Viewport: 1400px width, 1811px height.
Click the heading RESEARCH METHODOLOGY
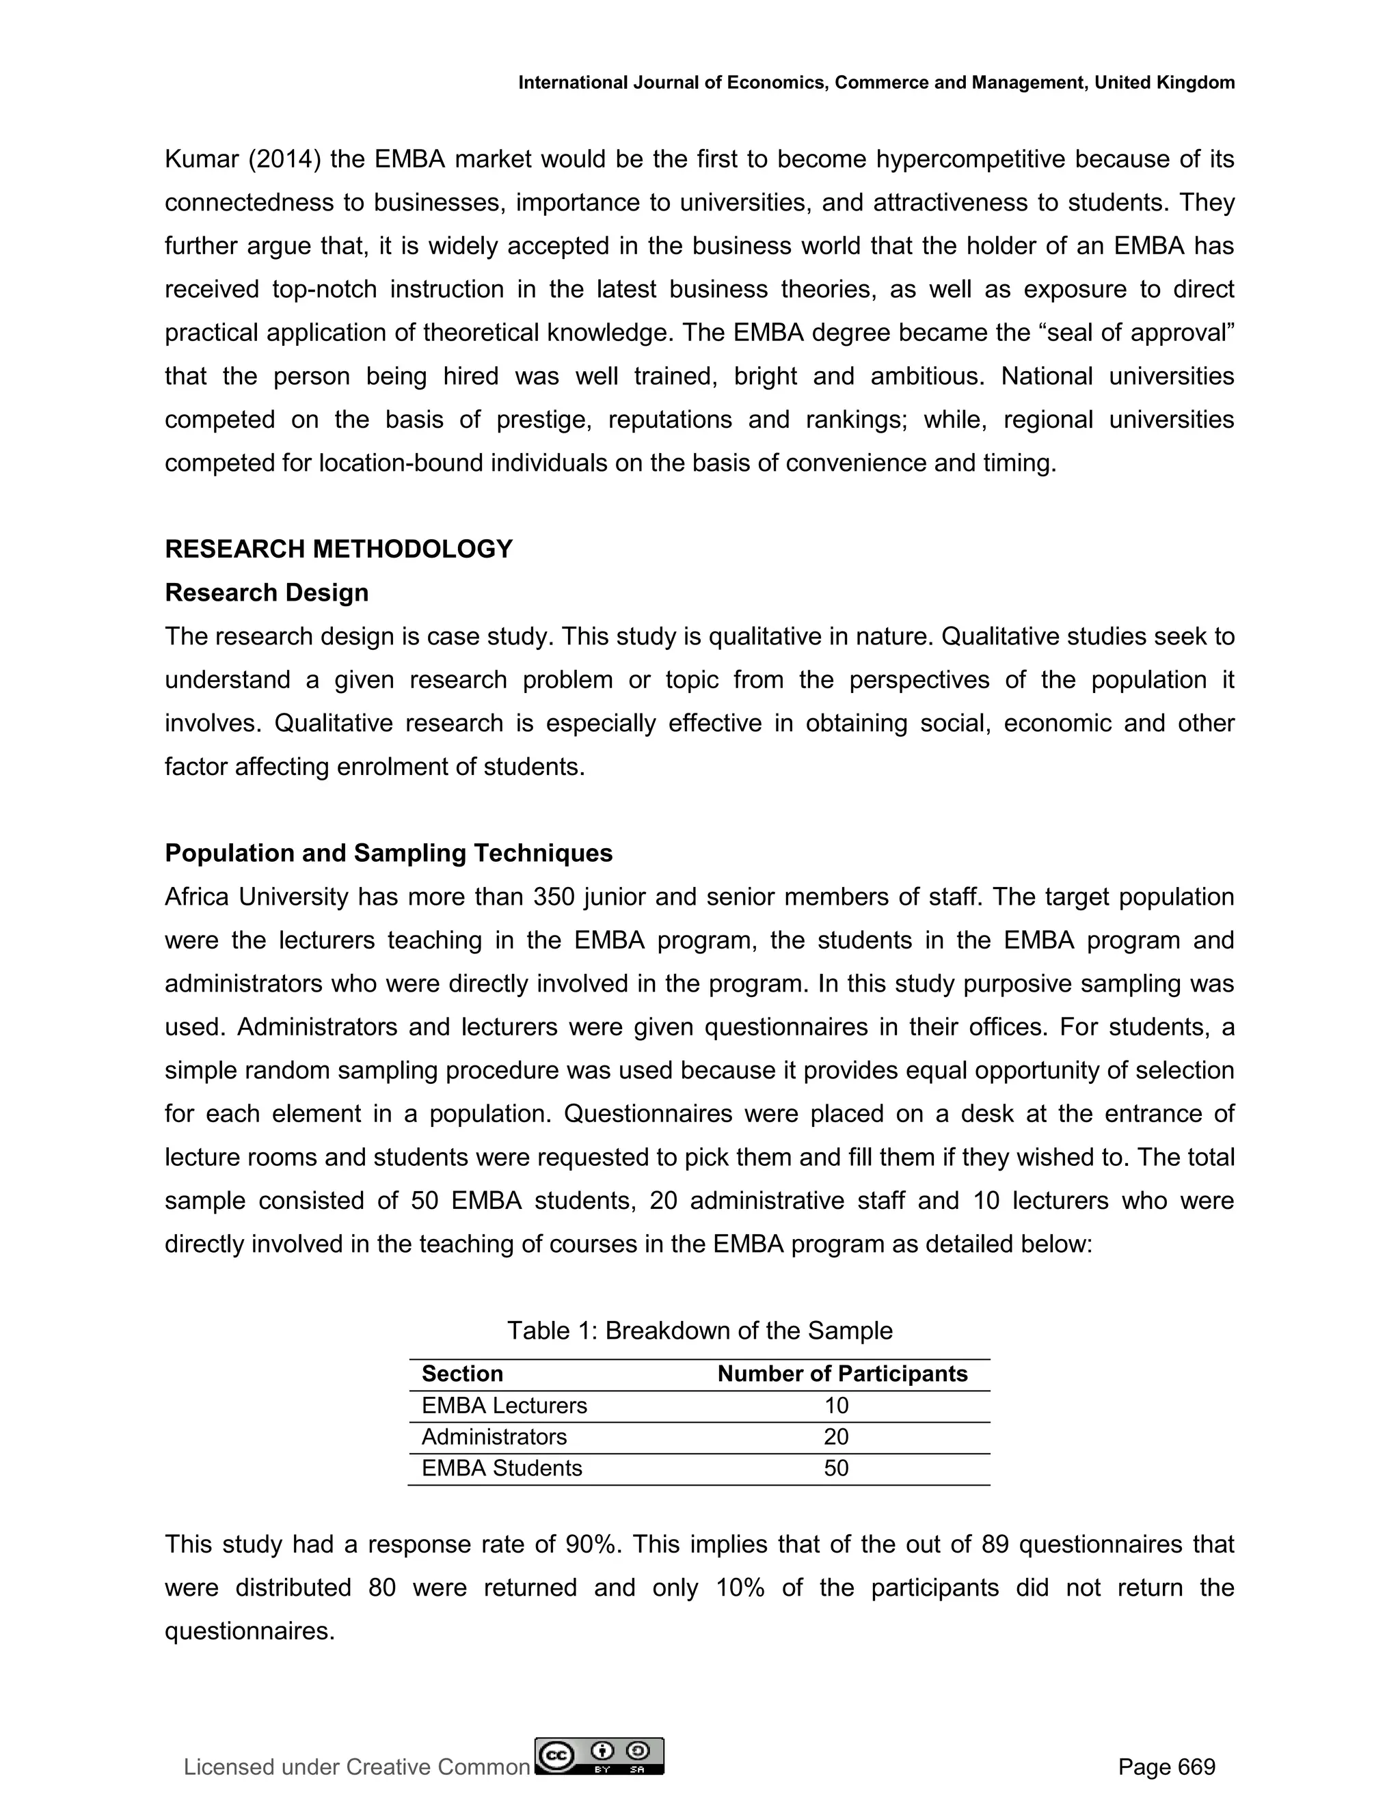[x=338, y=549]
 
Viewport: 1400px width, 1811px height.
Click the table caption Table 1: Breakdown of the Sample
[x=699, y=1330]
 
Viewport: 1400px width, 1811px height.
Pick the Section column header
[x=462, y=1374]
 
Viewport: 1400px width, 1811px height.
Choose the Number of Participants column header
[x=842, y=1374]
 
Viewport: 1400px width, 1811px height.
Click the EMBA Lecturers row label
[x=503, y=1406]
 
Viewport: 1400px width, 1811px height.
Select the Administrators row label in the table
[x=494, y=1437]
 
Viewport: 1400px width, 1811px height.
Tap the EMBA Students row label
[x=501, y=1469]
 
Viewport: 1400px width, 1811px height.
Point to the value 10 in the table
[x=836, y=1406]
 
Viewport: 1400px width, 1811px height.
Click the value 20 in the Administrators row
[x=836, y=1437]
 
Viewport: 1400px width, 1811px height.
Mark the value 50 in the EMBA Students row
[x=836, y=1469]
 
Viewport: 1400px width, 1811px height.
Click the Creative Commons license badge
[x=600, y=1756]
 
